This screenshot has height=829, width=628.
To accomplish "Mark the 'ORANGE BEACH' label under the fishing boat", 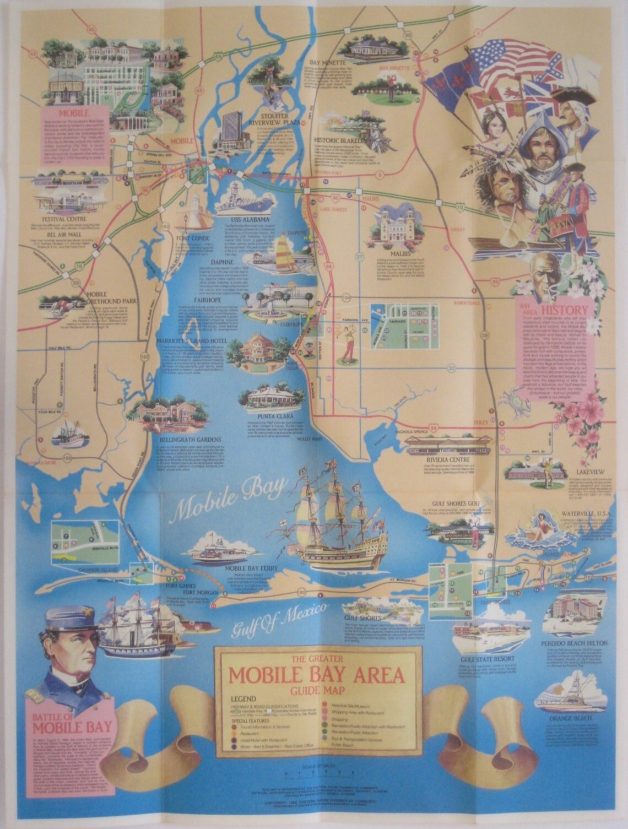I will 572,719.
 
